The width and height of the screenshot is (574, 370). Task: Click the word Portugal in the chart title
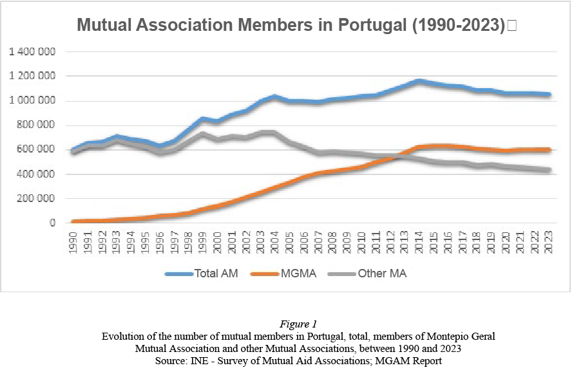pos(372,25)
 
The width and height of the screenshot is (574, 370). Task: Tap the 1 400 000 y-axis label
pos(32,51)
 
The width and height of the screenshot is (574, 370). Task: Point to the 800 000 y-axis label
pos(37,125)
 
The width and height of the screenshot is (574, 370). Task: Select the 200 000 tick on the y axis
pos(37,199)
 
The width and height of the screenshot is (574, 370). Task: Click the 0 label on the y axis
pos(53,223)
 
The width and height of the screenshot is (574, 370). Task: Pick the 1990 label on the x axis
pos(73,242)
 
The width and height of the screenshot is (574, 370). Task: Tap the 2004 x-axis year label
pos(274,242)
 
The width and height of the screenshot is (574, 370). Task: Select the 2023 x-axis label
pos(548,242)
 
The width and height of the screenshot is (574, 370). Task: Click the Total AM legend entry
pos(202,273)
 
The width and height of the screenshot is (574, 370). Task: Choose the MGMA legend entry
pos(283,273)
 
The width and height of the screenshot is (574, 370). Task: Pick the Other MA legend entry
pos(368,273)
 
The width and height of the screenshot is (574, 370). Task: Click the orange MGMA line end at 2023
pos(548,150)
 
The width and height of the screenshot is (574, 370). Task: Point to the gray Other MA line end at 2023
pos(548,170)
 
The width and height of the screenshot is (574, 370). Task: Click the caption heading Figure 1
pos(298,324)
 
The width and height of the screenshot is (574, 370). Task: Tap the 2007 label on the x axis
pos(318,242)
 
